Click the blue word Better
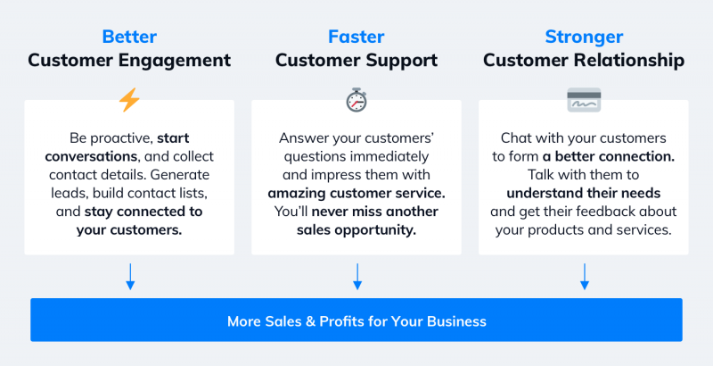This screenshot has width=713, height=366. pos(129,37)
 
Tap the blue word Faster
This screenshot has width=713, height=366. pos(356,37)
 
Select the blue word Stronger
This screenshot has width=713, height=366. pos(584,37)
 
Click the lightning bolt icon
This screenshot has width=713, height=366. pos(129,100)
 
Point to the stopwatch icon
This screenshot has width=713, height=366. pos(356,100)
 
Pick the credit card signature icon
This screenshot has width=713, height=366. pos(584,100)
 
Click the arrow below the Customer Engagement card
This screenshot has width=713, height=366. pos(130,277)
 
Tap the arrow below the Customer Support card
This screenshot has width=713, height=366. pos(357,277)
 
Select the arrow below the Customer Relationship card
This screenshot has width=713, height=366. pos(585,277)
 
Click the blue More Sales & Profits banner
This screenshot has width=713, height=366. pos(356,320)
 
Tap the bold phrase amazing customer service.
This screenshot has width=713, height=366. pos(356,193)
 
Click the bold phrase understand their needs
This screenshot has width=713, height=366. pos(584,193)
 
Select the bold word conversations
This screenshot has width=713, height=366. pos(91,156)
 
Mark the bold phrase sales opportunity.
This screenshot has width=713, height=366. pos(356,230)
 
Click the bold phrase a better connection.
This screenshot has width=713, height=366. pos(609,156)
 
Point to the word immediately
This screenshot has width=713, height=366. pos(391,156)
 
